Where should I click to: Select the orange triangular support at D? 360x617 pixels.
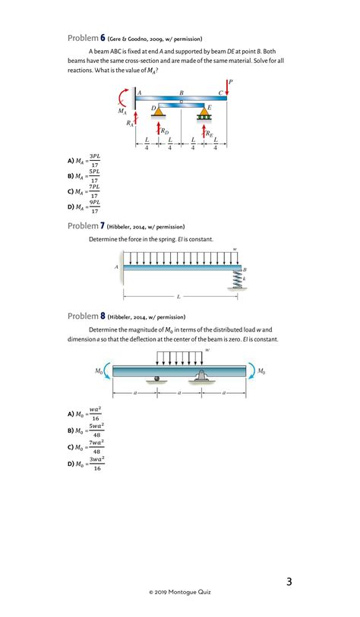tap(158, 112)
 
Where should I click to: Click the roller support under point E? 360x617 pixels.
tap(204, 113)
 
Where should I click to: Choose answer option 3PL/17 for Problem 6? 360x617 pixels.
tap(84, 161)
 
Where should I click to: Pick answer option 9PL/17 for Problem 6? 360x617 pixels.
tap(84, 206)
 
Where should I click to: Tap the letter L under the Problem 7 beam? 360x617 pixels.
tap(178, 297)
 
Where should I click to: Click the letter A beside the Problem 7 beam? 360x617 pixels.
tap(117, 267)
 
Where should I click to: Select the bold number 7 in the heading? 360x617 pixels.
tap(103, 226)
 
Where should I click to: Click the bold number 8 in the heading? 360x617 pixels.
tap(103, 316)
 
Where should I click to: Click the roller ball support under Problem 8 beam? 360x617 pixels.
tap(156, 379)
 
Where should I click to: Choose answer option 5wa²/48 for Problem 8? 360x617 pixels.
tap(86, 431)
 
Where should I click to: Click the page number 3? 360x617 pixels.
tap(289, 581)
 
